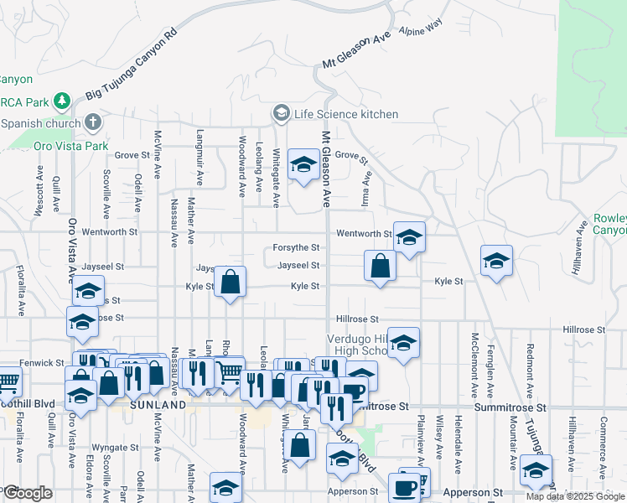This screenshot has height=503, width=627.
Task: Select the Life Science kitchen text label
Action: [345, 114]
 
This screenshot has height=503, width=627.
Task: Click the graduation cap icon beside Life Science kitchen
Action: [281, 113]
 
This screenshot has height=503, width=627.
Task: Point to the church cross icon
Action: [92, 122]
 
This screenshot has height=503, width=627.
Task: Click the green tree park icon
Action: [61, 101]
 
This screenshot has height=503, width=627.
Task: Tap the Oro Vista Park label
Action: [72, 146]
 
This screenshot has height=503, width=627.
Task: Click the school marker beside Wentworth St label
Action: [409, 238]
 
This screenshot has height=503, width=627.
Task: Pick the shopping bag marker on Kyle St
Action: [230, 283]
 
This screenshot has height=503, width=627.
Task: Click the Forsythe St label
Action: [296, 248]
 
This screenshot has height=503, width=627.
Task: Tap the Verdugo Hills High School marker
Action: [403, 343]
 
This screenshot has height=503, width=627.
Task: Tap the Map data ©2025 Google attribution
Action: [575, 496]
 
